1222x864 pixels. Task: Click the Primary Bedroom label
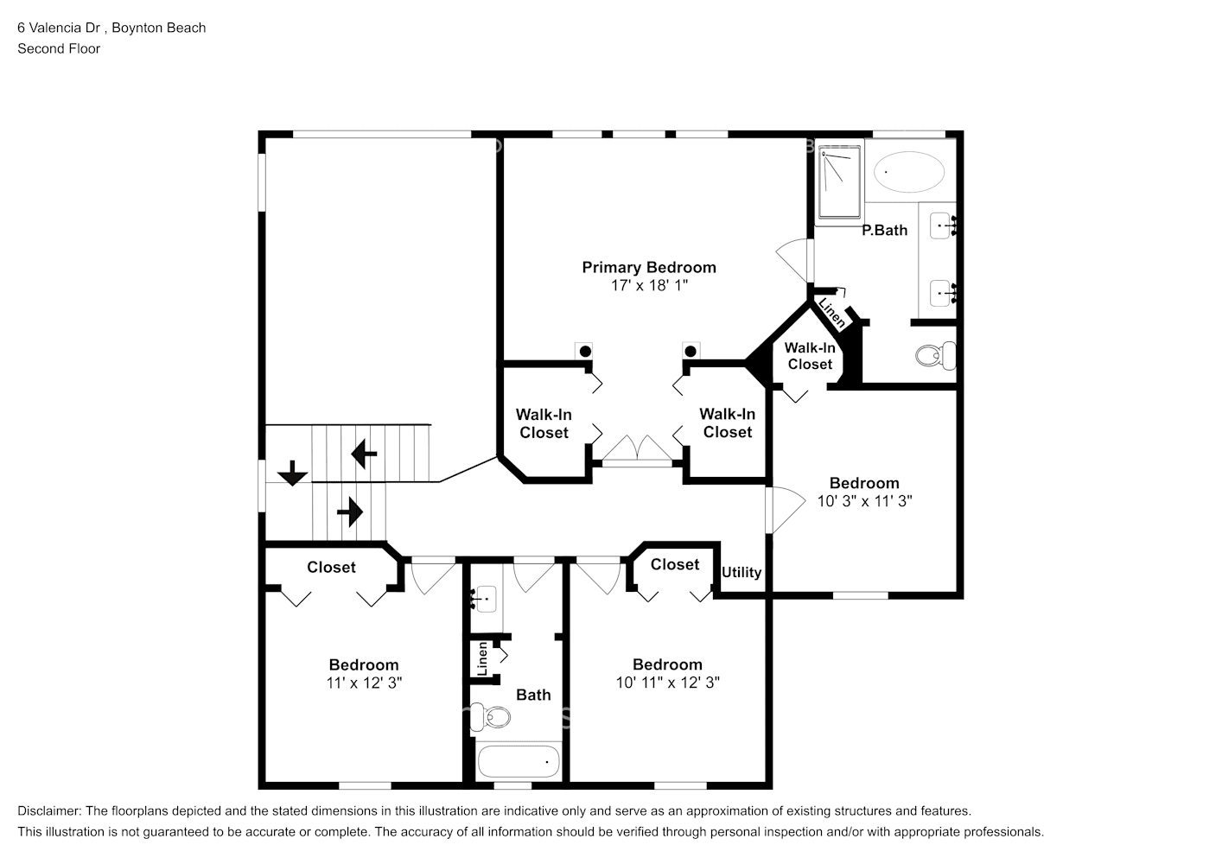tap(648, 267)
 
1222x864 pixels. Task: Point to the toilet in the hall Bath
tap(494, 716)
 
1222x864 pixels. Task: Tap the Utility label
tap(741, 572)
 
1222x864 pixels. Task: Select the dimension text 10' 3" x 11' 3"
tap(864, 500)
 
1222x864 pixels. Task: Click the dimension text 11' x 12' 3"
tap(364, 683)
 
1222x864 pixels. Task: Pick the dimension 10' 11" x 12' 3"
tap(667, 683)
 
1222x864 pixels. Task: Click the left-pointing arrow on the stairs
tap(364, 453)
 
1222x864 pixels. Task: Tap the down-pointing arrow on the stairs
tap(293, 473)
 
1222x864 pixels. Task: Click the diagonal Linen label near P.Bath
tap(831, 313)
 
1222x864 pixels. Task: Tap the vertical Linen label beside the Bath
tap(482, 660)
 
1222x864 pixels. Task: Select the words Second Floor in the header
tap(59, 48)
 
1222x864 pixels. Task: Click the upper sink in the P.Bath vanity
tap(941, 226)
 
